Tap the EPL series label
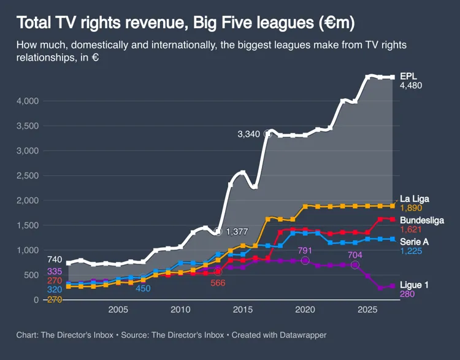408,75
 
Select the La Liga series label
415,199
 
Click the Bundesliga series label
422,220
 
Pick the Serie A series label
414,242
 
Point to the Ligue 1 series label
414,285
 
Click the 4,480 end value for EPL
411,86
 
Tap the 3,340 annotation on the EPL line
250,134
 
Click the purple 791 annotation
305,250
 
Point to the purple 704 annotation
355,255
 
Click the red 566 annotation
218,283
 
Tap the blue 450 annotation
144,288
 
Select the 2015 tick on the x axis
242,309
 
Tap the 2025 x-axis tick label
367,309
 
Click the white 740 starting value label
55,259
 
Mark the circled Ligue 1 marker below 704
355,265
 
